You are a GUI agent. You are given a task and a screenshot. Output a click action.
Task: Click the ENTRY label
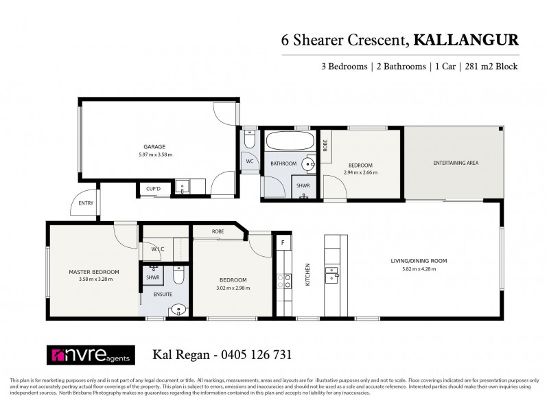(x=85, y=203)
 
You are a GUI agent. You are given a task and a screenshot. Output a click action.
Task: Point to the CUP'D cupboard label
(x=152, y=189)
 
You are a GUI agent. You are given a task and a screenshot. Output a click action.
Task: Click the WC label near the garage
(x=250, y=162)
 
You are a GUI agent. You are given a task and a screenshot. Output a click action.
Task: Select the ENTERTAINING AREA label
(x=455, y=163)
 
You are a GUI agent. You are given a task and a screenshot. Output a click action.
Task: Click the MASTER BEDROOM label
(x=94, y=272)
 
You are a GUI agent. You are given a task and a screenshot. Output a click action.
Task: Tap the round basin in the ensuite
(x=177, y=310)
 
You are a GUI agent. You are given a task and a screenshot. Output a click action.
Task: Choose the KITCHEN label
(x=308, y=275)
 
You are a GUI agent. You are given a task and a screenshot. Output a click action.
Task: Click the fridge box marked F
(x=281, y=242)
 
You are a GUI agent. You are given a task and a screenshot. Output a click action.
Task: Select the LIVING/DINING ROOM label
(x=419, y=261)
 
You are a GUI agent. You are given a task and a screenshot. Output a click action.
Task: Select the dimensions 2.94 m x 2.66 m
(x=360, y=172)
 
